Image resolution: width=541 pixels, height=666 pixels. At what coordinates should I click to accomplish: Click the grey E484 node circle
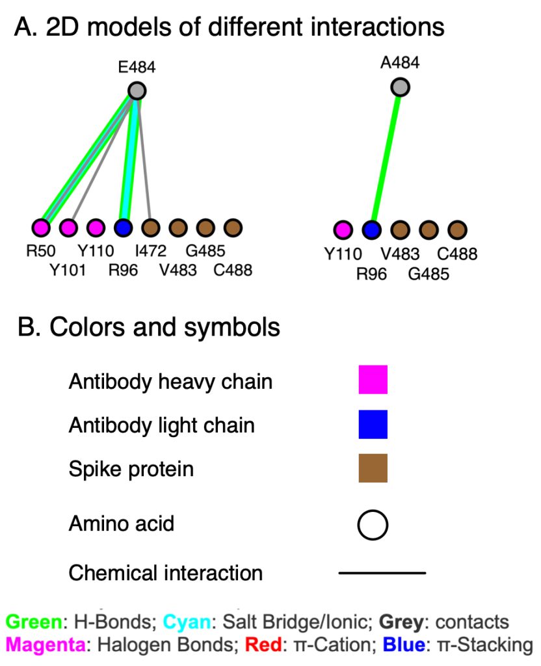(x=137, y=90)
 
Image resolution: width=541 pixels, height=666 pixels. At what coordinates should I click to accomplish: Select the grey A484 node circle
(x=401, y=87)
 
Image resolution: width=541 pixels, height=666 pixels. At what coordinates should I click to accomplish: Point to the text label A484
(x=400, y=63)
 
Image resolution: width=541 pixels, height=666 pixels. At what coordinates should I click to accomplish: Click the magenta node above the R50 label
(x=41, y=228)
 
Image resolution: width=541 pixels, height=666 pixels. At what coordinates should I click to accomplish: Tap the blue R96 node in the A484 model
(x=371, y=230)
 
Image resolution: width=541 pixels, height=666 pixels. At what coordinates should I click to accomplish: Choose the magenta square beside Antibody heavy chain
(x=373, y=380)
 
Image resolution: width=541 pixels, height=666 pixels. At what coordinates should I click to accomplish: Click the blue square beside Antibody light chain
(x=373, y=425)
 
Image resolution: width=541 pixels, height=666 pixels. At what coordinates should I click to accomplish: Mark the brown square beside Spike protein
(x=373, y=468)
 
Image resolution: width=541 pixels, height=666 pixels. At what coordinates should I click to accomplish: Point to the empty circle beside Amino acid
(x=373, y=524)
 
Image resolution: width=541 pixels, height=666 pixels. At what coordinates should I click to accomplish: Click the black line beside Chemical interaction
(x=382, y=573)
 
